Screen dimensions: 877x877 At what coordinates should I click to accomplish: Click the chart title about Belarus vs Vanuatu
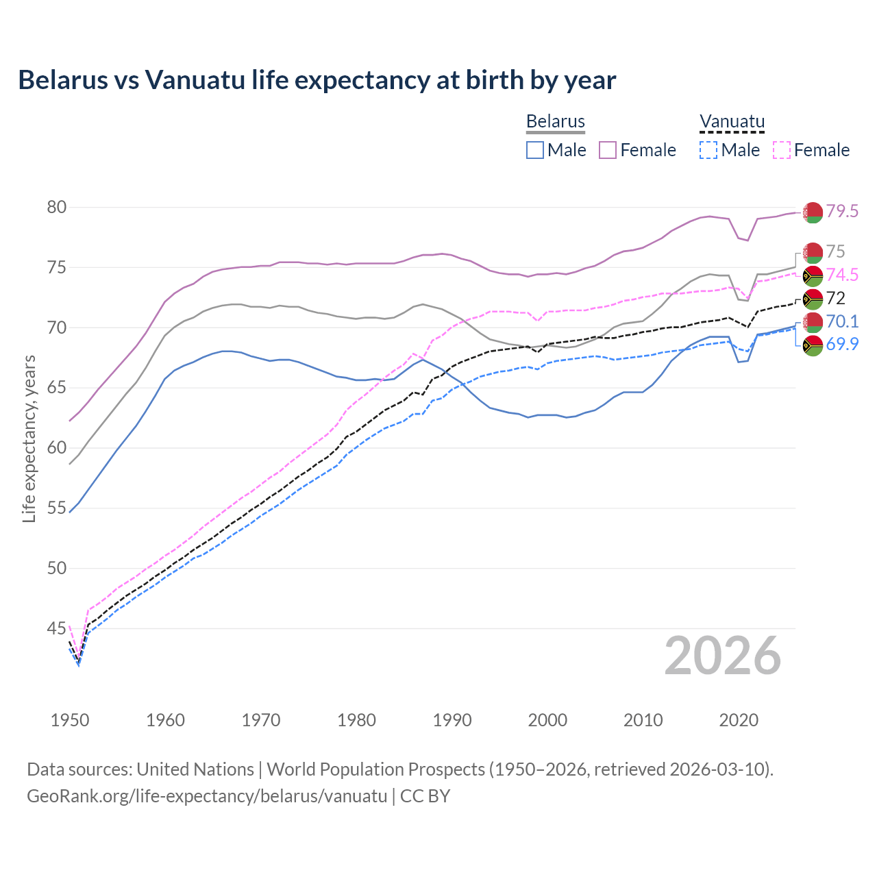317,80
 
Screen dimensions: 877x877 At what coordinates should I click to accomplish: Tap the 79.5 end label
842,211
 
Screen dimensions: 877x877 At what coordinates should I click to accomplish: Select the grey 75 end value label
835,251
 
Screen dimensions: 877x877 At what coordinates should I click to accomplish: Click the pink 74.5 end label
842,275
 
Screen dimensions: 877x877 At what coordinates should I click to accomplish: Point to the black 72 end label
835,298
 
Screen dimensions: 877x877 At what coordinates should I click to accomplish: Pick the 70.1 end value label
842,321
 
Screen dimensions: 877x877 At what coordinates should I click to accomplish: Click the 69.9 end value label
842,344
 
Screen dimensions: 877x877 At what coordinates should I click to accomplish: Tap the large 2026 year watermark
723,656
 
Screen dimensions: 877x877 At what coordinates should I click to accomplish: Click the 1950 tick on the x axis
70,720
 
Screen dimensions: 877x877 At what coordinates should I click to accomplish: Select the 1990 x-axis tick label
452,720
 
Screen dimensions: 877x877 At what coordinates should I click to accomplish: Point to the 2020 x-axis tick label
739,720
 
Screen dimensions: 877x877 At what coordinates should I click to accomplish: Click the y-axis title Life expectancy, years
29,438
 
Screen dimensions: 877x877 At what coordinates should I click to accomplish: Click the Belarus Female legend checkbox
608,150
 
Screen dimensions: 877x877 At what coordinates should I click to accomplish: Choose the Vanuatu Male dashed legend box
708,150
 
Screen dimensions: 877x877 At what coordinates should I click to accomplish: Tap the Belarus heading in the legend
555,122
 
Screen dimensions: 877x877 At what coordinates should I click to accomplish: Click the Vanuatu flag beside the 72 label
813,299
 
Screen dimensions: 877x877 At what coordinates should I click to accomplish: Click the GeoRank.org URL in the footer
207,796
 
